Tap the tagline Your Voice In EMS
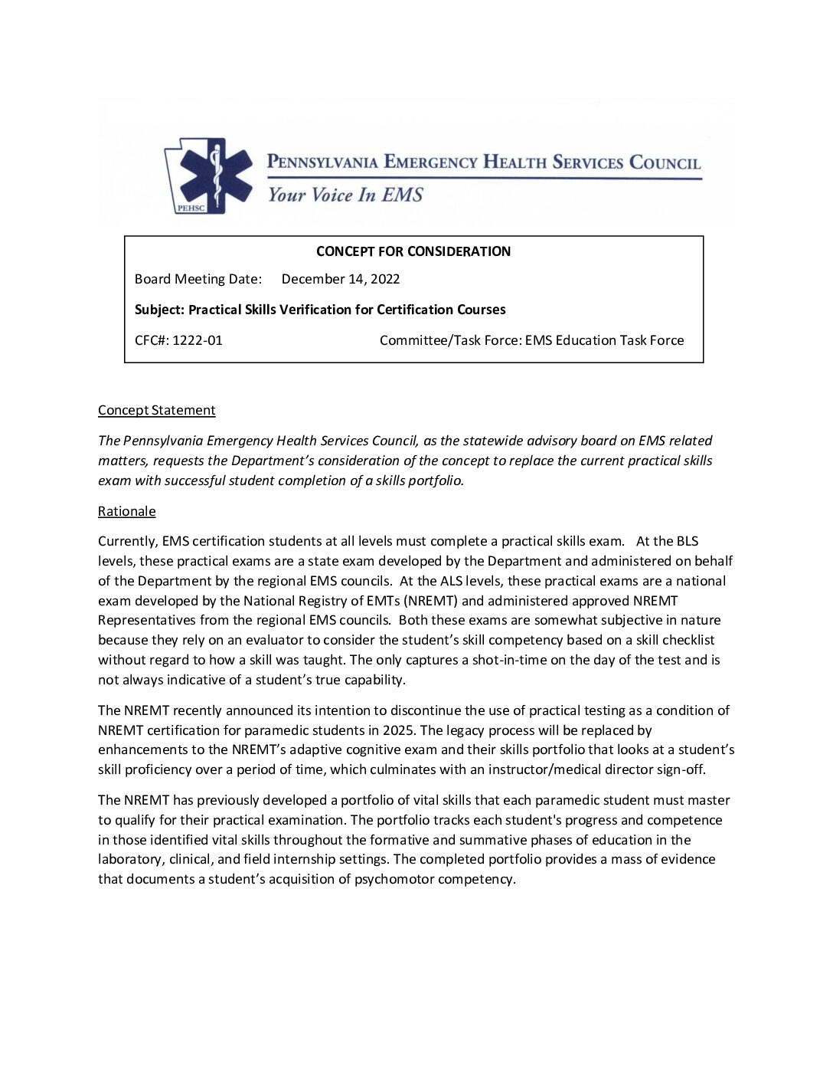345,195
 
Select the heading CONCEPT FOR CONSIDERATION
413,251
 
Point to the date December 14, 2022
341,279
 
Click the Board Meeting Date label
198,279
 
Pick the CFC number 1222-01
198,340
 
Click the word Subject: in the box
159,310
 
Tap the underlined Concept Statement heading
156,410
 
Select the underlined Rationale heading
126,511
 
